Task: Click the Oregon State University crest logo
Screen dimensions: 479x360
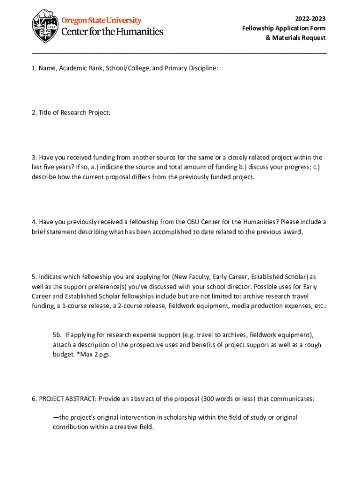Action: pyautogui.click(x=46, y=26)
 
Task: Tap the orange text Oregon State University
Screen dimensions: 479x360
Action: pyautogui.click(x=101, y=21)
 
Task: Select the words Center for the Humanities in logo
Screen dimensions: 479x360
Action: pyautogui.click(x=113, y=32)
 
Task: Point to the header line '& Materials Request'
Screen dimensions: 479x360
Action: pyautogui.click(x=295, y=38)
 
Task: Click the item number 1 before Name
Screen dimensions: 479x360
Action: pyautogui.click(x=34, y=68)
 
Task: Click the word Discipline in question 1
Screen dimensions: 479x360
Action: pyautogui.click(x=203, y=68)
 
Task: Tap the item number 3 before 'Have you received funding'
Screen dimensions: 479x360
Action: pyautogui.click(x=34, y=158)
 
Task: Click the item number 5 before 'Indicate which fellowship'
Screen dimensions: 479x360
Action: pyautogui.click(x=34, y=276)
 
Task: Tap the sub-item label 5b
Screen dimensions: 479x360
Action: pyautogui.click(x=57, y=335)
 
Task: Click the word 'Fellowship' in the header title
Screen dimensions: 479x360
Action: pyautogui.click(x=258, y=28)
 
